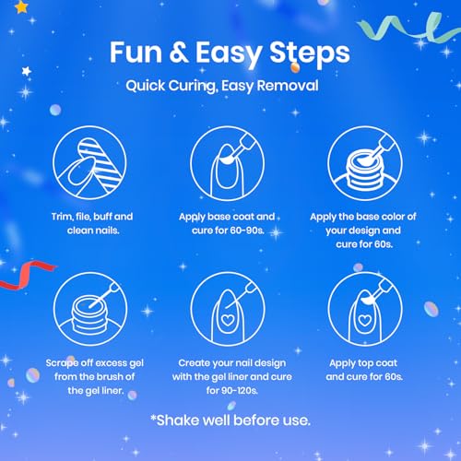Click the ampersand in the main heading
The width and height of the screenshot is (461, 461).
(179, 52)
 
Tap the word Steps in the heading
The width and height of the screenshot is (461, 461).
(310, 54)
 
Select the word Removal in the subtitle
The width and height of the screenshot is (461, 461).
(288, 85)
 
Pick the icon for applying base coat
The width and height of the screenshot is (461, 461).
(227, 163)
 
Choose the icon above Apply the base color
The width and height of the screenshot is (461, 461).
(365, 163)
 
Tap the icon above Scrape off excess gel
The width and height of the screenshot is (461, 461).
(90, 309)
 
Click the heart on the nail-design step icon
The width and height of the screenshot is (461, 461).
(228, 320)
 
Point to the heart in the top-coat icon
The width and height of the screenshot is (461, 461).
(365, 320)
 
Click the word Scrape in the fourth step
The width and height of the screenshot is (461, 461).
(62, 363)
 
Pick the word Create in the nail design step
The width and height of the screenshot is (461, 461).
(194, 363)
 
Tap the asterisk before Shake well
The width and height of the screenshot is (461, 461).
(153, 418)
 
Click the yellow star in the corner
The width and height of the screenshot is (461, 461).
(21, 7)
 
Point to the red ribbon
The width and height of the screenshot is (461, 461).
(26, 275)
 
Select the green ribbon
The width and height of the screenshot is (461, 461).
(408, 27)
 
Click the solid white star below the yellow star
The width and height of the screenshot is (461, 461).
(27, 71)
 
